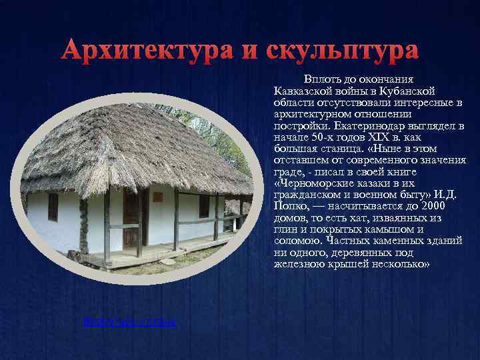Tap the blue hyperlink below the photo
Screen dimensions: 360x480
click(129, 322)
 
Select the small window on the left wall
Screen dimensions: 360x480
click(53, 207)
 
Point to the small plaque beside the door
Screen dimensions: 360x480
click(157, 197)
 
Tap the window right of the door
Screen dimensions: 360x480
click(204, 207)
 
